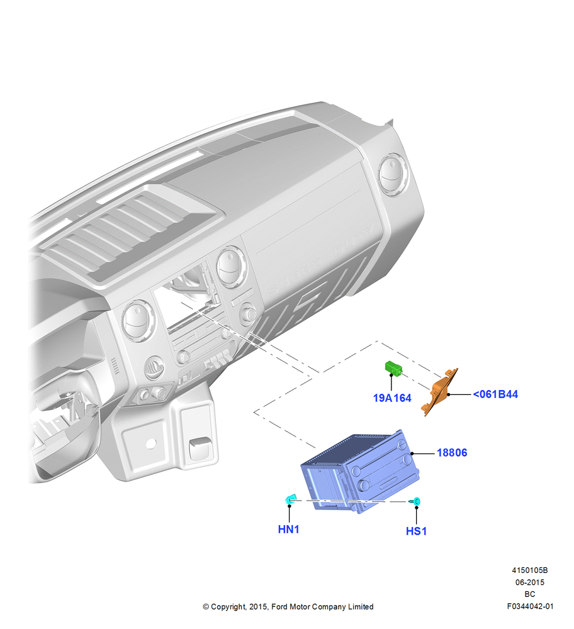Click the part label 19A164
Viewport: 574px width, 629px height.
(392, 398)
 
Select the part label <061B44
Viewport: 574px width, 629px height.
(495, 394)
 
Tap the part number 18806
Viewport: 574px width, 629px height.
(452, 453)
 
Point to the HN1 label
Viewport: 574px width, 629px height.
(289, 530)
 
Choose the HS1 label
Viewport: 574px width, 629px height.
(416, 531)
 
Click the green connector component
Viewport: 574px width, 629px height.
(393, 368)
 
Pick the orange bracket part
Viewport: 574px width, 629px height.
(439, 392)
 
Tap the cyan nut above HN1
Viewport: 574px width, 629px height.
(290, 499)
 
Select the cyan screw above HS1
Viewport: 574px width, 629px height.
(415, 501)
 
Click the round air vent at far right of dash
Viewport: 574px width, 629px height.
(393, 175)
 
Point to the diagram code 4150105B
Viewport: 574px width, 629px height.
(530, 570)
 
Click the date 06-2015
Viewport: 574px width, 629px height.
(530, 582)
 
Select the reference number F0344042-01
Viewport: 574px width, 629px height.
(530, 606)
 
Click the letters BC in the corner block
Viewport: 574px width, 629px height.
(530, 594)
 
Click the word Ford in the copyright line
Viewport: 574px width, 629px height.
(280, 606)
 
